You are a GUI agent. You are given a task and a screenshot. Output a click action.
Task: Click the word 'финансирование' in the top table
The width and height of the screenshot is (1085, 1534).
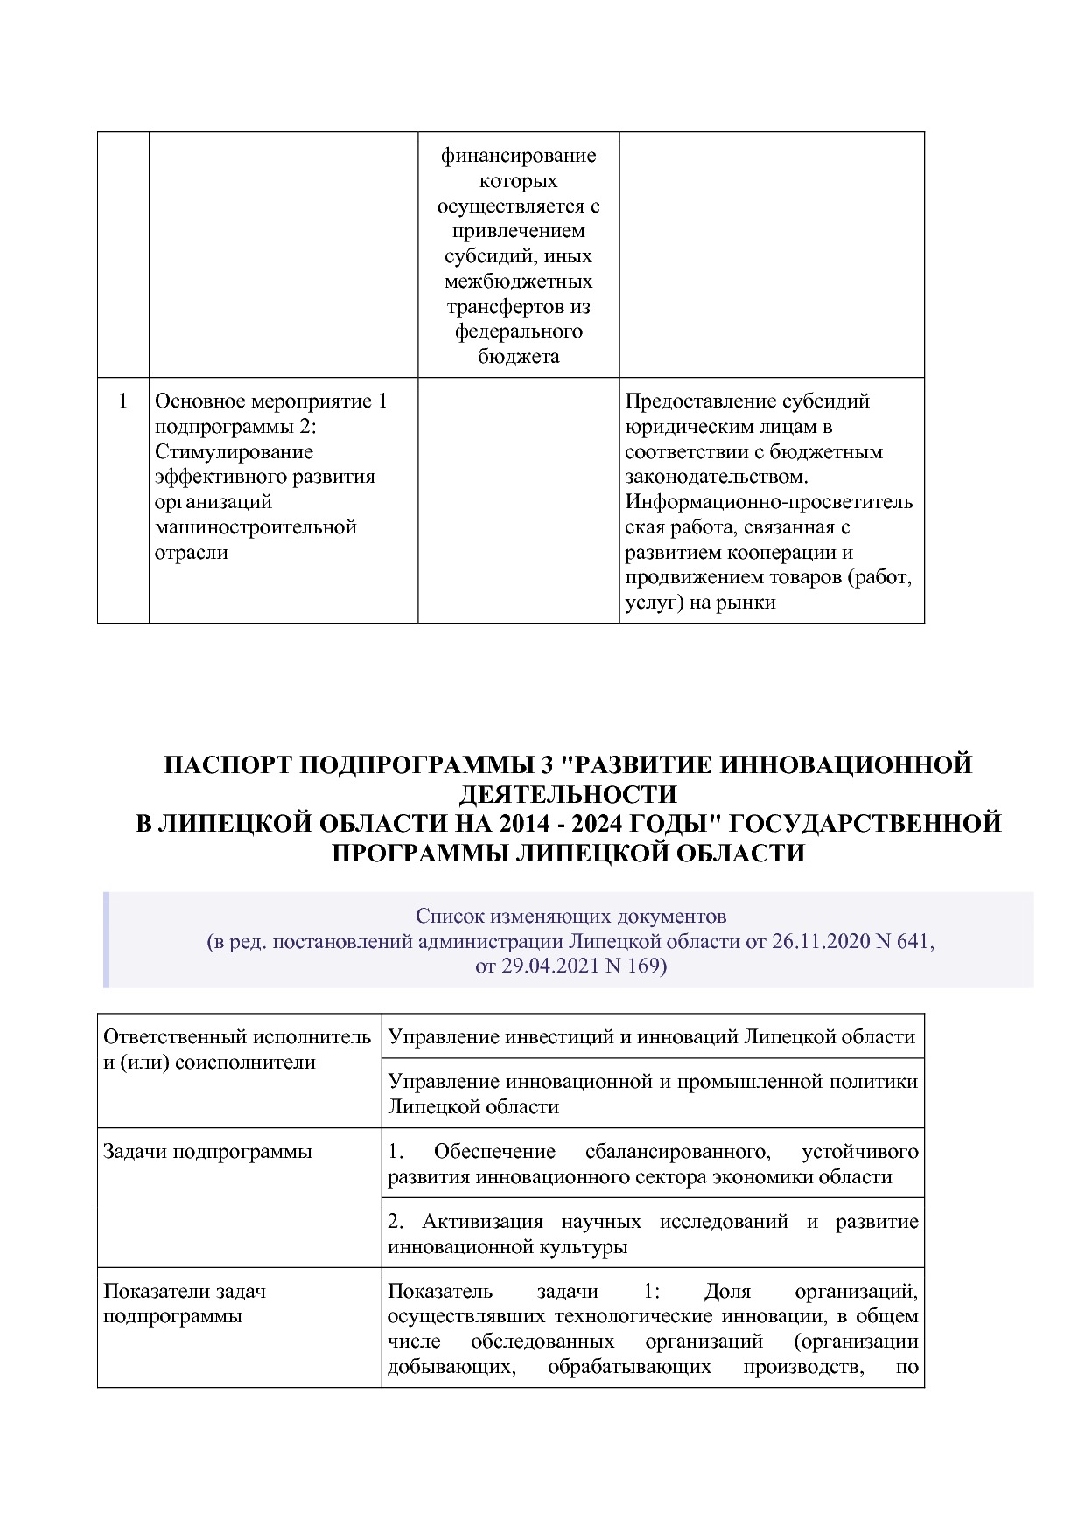tap(518, 157)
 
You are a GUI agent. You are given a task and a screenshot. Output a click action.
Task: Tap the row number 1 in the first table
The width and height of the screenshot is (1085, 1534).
tap(123, 401)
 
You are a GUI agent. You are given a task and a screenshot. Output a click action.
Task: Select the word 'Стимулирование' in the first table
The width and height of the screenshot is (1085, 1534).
tap(234, 452)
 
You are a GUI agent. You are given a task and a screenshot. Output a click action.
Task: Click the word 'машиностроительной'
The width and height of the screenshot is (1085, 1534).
tap(255, 527)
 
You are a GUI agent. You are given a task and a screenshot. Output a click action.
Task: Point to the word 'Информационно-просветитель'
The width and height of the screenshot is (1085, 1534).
tap(769, 502)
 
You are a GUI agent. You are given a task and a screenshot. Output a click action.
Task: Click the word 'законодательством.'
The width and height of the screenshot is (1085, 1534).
tap(717, 477)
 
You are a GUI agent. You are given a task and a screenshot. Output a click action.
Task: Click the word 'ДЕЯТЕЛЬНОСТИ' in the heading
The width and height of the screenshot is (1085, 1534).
tap(568, 794)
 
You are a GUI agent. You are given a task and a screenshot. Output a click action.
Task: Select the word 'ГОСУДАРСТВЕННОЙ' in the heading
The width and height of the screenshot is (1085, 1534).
tap(864, 824)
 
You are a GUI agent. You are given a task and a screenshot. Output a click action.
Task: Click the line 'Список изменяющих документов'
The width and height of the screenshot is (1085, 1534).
tap(570, 917)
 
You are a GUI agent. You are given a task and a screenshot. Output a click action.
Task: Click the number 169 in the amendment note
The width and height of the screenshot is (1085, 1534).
tap(647, 966)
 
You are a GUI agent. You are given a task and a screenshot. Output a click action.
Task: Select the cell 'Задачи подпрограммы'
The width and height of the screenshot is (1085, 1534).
tap(207, 1152)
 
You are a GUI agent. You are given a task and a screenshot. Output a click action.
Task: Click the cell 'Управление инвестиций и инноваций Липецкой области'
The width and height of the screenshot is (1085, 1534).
tap(651, 1037)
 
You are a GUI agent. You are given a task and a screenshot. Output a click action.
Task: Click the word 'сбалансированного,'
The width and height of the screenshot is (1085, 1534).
tap(678, 1152)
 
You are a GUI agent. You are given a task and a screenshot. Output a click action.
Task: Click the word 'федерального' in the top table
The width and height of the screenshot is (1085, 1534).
tap(518, 332)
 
